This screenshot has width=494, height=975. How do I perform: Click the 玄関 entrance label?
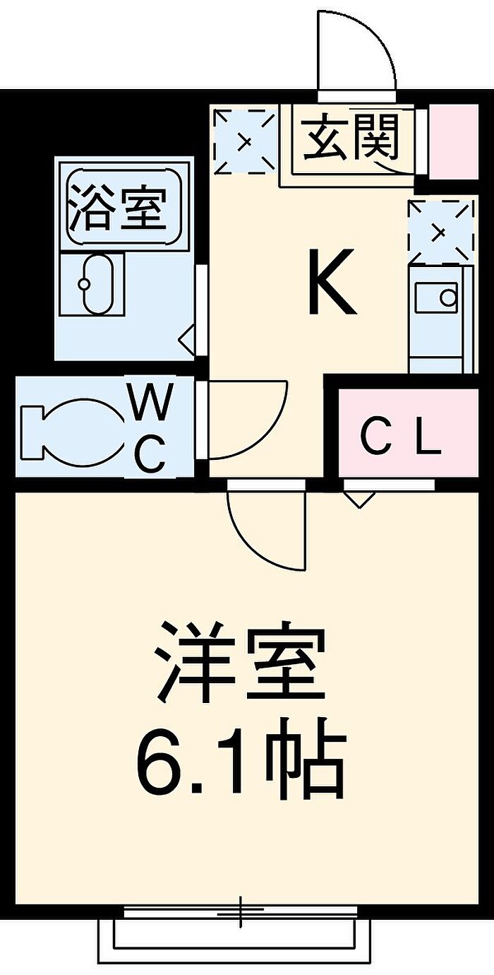351,136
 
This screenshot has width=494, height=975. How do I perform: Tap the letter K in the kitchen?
332,281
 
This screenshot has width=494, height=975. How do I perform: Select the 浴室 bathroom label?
119,207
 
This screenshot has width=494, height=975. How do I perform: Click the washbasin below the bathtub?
98,284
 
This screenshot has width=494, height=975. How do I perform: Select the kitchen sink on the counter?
436,297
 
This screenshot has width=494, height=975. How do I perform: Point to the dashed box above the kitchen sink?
440,231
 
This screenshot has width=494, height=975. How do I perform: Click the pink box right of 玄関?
454,141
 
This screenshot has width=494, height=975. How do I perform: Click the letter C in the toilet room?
150,454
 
